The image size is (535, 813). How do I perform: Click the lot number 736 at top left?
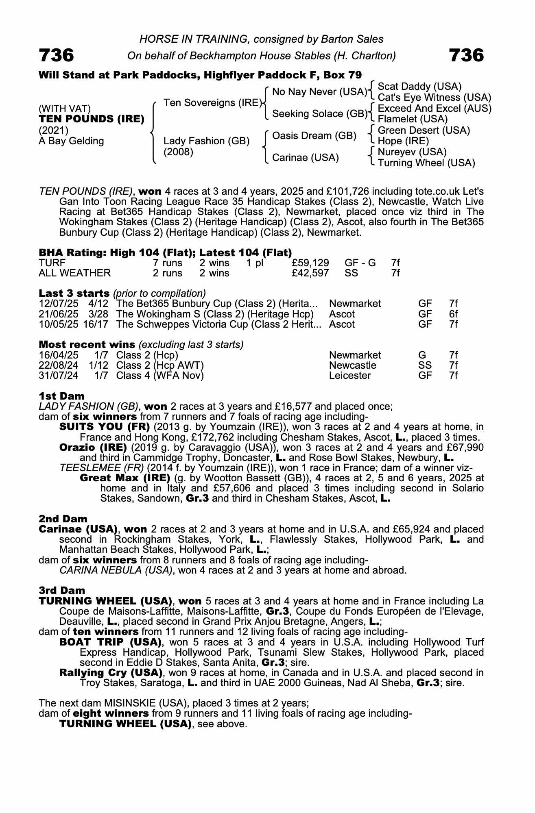point(57,55)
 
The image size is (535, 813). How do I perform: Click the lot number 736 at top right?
point(466,55)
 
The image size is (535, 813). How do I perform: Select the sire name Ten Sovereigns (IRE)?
point(212,103)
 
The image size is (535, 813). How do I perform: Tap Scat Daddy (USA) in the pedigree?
point(419,87)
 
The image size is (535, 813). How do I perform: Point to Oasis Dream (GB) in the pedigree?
point(314,135)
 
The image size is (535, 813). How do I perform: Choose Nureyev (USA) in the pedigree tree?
point(412,152)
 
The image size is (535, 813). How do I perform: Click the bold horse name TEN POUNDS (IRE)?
point(92,119)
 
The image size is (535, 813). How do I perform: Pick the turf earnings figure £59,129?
point(310,263)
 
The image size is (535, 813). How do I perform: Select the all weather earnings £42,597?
point(310,273)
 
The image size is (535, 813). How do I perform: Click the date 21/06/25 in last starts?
point(59,314)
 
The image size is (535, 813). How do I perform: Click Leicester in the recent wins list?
point(350,375)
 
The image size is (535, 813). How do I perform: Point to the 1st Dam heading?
point(62,396)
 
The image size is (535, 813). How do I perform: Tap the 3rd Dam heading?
point(62,590)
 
